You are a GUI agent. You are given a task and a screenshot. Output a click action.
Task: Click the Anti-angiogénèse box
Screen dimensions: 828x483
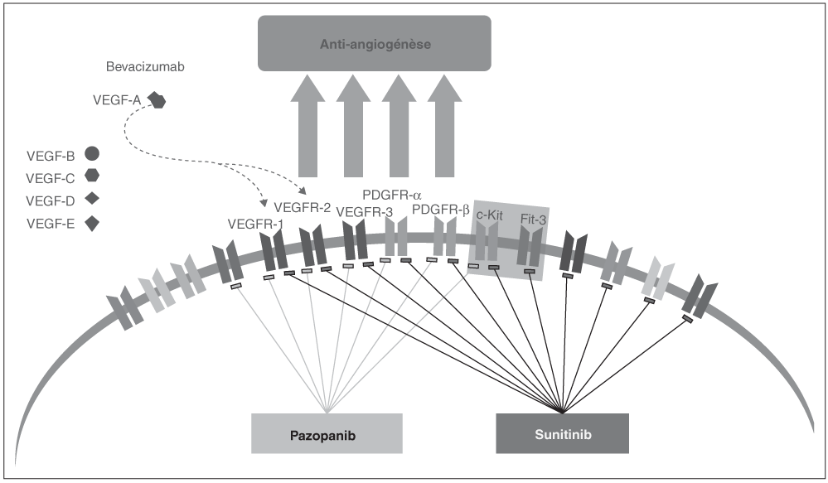(375, 43)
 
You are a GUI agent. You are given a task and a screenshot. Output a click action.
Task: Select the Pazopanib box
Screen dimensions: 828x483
(327, 433)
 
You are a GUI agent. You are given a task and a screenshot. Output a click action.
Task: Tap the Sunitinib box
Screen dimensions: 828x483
(563, 433)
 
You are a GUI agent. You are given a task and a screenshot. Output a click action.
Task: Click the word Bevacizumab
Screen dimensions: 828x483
(145, 67)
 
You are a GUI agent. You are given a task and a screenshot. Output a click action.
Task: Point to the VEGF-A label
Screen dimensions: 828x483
(117, 99)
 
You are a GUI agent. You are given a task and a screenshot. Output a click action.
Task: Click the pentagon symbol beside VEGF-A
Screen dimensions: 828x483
(157, 99)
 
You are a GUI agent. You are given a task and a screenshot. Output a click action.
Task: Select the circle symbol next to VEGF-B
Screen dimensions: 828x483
(92, 153)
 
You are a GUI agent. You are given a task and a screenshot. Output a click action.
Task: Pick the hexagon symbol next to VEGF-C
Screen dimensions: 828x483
(92, 176)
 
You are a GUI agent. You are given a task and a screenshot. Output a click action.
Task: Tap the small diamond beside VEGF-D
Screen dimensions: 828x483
(92, 199)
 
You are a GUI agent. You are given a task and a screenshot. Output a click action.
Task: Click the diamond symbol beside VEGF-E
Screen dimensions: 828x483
(92, 224)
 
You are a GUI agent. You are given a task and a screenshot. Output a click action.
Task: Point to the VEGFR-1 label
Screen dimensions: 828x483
(255, 225)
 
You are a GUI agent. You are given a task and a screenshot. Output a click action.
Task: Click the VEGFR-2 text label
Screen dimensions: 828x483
(302, 207)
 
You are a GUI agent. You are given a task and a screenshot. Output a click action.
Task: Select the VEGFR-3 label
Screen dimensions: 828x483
(365, 212)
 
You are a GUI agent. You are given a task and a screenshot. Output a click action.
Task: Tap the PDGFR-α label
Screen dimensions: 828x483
(392, 196)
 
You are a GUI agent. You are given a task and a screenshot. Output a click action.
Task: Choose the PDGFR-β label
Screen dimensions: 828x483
(440, 210)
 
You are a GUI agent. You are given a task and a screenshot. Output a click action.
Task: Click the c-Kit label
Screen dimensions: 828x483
(490, 215)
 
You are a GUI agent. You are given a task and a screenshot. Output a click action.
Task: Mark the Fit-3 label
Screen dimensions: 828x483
(533, 219)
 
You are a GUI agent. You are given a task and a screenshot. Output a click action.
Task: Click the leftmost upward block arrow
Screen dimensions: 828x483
(307, 126)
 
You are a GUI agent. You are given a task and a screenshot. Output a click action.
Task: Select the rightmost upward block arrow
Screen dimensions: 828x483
(444, 126)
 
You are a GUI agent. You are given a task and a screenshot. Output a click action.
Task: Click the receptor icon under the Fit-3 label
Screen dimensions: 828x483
(530, 247)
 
